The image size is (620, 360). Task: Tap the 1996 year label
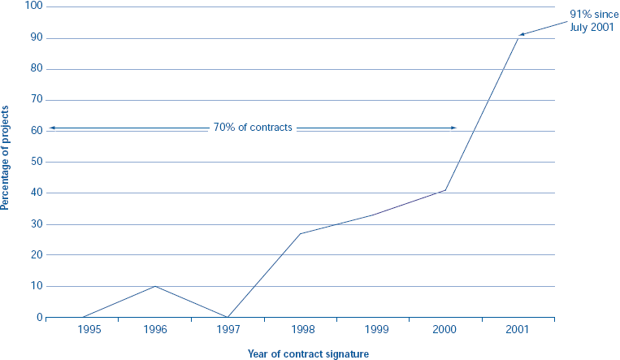pos(154,330)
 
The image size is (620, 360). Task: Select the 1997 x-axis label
pos(228,330)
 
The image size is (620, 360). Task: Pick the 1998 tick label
pos(300,330)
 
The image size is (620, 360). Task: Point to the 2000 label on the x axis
pos(445,330)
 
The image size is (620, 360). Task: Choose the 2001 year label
pos(518,330)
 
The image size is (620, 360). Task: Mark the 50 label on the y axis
pos(36,162)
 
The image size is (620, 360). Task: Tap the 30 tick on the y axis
pos(36,224)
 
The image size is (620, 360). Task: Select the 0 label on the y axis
pos(39,318)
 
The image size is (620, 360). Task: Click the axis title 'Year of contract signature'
pos(308,353)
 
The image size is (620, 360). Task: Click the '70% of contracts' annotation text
pos(252,128)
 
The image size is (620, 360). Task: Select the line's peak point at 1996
pos(154,286)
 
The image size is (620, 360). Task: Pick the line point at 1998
pos(300,234)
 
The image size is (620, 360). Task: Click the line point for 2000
pos(445,190)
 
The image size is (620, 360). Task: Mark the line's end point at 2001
pos(518,36)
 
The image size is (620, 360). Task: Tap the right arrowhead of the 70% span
pos(455,128)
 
